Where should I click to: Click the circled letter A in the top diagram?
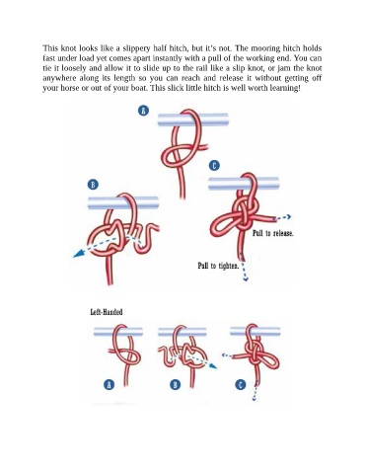143,111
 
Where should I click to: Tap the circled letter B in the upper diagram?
93,185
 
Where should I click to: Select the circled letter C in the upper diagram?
214,165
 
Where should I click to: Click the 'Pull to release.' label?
273,233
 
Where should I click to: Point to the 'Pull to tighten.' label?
218,266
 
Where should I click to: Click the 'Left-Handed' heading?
107,312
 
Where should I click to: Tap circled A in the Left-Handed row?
109,384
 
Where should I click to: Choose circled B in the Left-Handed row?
176,384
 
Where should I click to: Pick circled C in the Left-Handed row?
241,384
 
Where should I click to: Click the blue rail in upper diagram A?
193,119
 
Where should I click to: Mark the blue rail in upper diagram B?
123,202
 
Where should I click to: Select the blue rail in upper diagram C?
244,184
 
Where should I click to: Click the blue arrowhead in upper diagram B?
78,253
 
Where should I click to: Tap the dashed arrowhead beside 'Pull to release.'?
288,216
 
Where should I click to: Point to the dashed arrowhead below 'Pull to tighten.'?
246,279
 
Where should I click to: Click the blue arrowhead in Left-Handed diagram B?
213,365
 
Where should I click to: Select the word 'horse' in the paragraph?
69,88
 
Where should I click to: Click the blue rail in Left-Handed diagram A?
118,332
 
